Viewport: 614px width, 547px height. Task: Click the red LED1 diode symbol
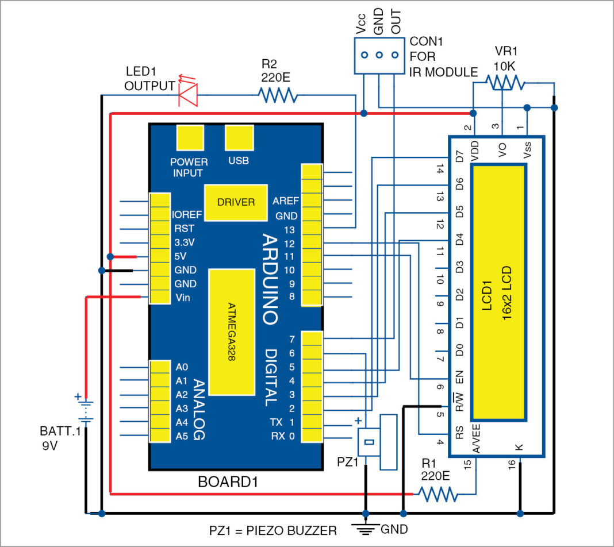(189, 94)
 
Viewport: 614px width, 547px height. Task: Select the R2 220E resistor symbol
(278, 95)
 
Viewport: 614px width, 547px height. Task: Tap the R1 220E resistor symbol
(438, 494)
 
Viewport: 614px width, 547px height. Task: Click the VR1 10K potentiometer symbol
(503, 84)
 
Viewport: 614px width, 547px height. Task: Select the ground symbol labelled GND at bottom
(364, 527)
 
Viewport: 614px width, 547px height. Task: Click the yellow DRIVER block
(236, 202)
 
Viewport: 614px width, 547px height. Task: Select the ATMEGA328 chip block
(232, 332)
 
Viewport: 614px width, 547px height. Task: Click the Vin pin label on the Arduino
(183, 298)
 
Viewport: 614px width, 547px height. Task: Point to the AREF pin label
(286, 201)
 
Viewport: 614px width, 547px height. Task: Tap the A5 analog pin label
(182, 436)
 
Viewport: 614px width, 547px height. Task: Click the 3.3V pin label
(185, 242)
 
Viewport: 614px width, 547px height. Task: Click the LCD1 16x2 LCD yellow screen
(498, 292)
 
